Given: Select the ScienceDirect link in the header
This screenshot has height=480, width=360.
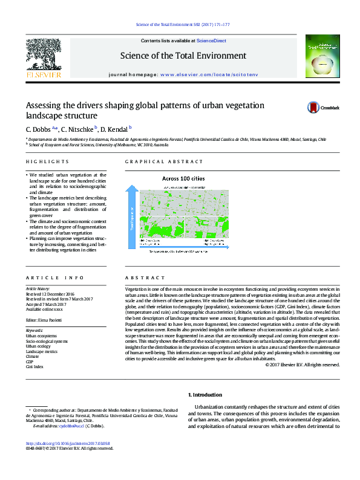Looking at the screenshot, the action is [x=212, y=41].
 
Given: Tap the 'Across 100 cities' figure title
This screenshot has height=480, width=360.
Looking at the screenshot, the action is [x=183, y=179].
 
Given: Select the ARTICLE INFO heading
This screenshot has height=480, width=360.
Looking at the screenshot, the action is [x=54, y=277].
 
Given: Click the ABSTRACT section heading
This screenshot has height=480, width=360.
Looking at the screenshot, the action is [x=140, y=277].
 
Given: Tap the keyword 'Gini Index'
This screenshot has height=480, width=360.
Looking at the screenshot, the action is [x=34, y=367].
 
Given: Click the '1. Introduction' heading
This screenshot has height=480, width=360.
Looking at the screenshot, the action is [x=205, y=395].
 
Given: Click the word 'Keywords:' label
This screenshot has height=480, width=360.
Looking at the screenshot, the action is [x=34, y=330].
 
